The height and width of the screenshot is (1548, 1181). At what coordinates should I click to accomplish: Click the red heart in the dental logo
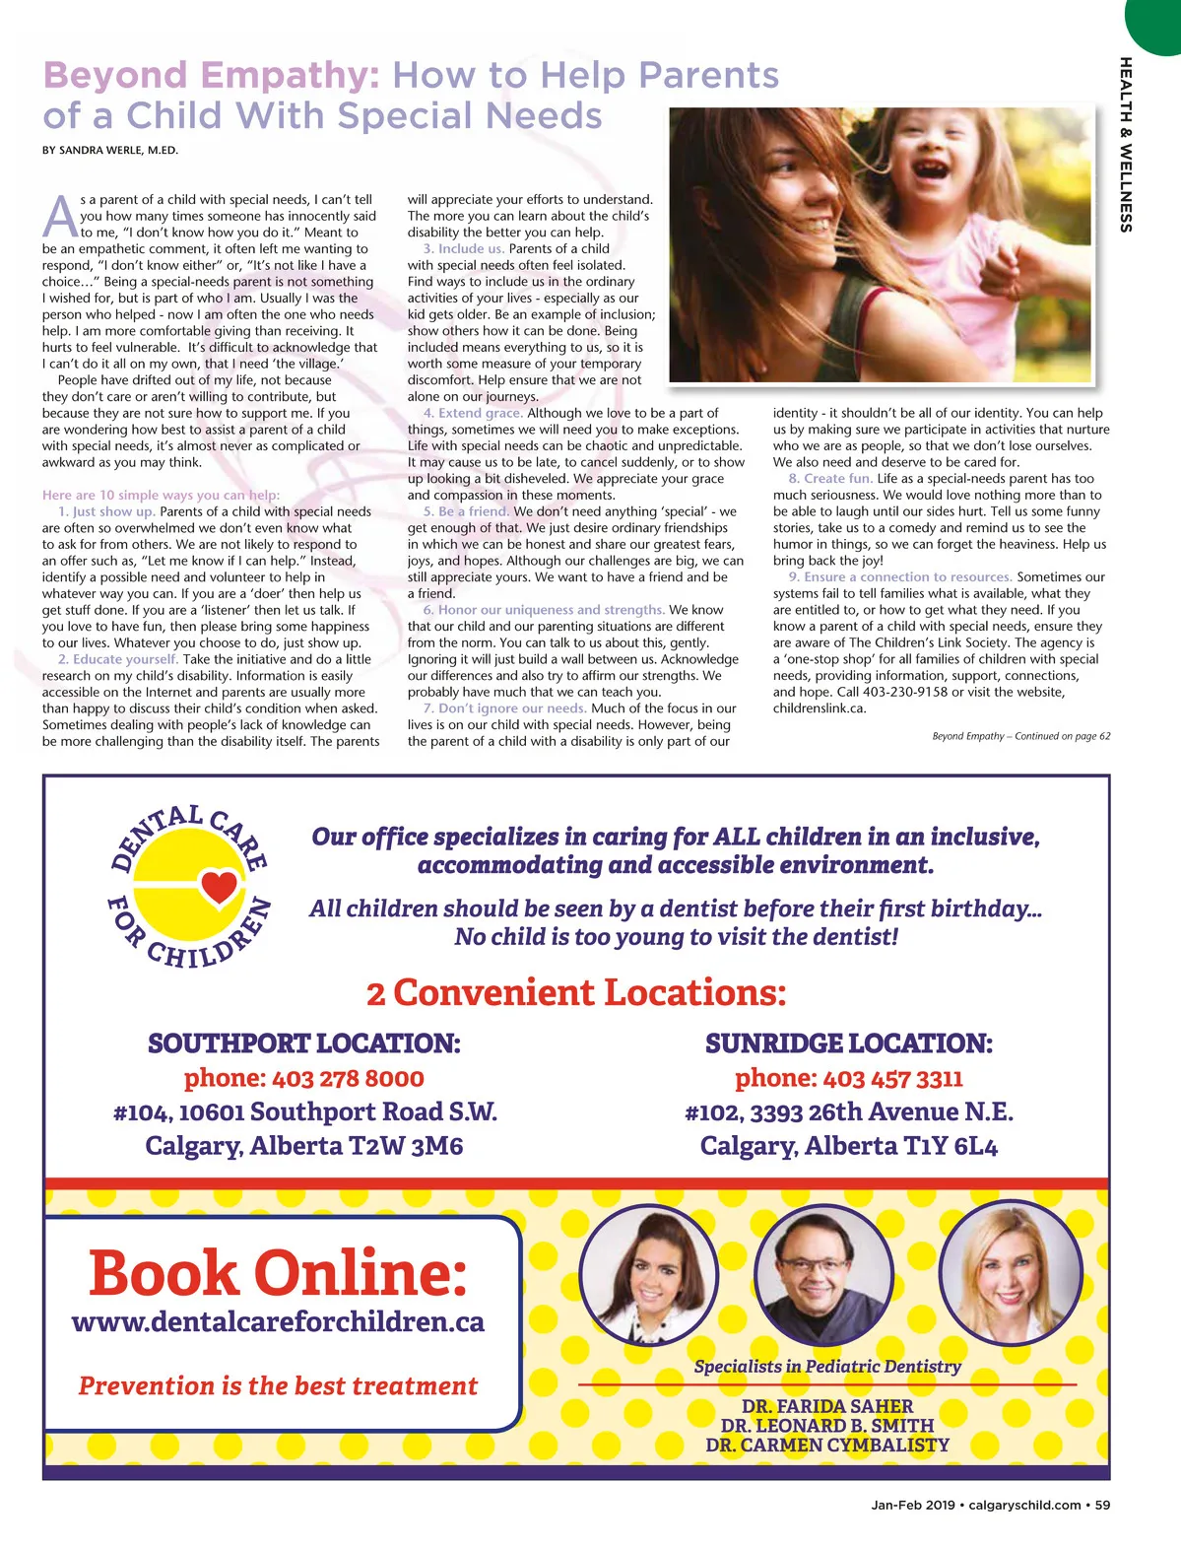coord(219,886)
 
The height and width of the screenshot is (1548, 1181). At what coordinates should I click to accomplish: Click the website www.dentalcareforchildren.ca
coord(278,1321)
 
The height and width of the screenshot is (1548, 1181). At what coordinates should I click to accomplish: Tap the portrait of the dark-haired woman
coord(648,1273)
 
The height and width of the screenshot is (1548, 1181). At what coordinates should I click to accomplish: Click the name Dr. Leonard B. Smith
coord(826,1425)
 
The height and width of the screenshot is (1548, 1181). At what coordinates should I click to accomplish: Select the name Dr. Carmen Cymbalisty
coord(826,1445)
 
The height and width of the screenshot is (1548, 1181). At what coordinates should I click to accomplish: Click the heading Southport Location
coord(303,1043)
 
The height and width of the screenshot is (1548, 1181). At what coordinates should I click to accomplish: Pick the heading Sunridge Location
coord(848,1043)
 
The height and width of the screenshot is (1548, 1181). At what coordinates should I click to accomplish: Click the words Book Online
coord(278,1272)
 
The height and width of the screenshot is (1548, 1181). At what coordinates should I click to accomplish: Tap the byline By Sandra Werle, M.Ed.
coord(110,151)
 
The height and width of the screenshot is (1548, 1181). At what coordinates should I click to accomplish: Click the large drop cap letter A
coord(60,217)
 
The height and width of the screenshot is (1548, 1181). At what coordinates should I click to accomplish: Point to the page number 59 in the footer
coord(1102,1505)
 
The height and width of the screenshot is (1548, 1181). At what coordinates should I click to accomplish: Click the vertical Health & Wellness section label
coord(1125,145)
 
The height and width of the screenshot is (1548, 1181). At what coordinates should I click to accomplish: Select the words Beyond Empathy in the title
coord(212,75)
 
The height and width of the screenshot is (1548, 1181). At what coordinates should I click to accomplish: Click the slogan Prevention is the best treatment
coord(278,1385)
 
